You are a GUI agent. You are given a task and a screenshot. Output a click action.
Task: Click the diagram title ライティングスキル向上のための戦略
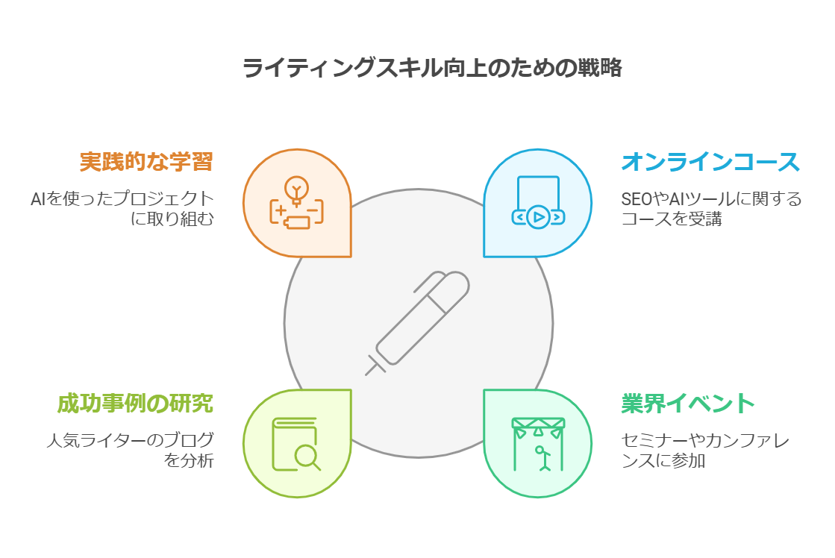tap(432, 69)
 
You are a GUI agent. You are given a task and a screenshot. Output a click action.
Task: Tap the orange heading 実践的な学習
tap(146, 162)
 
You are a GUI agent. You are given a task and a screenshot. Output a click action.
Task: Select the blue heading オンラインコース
tap(710, 162)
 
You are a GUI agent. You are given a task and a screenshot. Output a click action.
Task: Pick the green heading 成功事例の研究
tap(135, 404)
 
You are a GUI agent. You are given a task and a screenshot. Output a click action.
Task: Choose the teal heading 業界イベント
tap(688, 404)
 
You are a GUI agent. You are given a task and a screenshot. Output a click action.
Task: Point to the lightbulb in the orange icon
tap(296, 189)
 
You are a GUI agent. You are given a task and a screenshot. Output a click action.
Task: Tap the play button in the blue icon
tap(537, 217)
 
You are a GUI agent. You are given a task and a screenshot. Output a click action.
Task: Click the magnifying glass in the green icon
tap(305, 454)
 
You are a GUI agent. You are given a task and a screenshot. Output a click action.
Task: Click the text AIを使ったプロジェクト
tap(122, 199)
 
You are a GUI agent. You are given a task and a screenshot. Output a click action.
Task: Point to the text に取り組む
tap(172, 219)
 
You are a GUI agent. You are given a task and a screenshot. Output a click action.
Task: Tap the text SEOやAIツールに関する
tap(711, 199)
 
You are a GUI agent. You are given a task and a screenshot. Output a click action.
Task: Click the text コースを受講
tap(671, 219)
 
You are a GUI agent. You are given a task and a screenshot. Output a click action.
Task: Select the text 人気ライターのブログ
tap(129, 440)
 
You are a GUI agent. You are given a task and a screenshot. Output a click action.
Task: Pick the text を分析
tap(189, 460)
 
